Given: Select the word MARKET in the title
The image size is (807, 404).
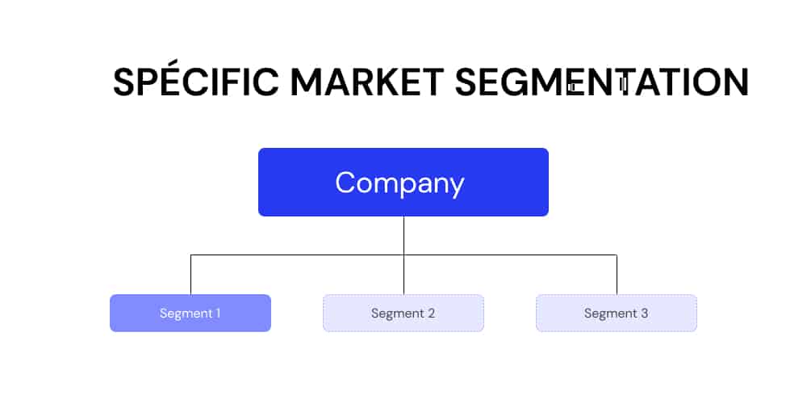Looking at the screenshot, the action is (x=367, y=82).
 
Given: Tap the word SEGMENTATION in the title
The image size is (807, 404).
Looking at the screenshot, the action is (x=602, y=82).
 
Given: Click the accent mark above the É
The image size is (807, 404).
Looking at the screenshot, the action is (x=165, y=64).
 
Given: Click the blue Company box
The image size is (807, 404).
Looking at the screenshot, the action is (x=403, y=182).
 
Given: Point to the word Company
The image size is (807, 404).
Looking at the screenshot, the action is (x=400, y=183).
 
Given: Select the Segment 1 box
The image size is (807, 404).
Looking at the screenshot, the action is (x=190, y=313).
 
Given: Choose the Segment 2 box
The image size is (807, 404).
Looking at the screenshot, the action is (x=403, y=313).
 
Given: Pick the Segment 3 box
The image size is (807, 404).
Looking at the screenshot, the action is (x=617, y=313).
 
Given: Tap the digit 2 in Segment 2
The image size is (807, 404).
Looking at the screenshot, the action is (x=431, y=313).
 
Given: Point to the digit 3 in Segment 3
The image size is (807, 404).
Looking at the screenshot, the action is (x=644, y=313).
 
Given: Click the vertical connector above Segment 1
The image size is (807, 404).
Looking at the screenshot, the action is (x=191, y=275).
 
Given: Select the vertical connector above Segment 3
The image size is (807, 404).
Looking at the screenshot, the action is (x=617, y=275).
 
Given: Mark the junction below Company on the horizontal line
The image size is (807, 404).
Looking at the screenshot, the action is (x=403, y=255).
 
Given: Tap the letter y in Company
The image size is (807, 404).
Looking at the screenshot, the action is (x=455, y=187).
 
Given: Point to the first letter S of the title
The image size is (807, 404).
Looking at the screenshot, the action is (x=123, y=82).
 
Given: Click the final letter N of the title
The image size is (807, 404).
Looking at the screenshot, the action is (x=737, y=82).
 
